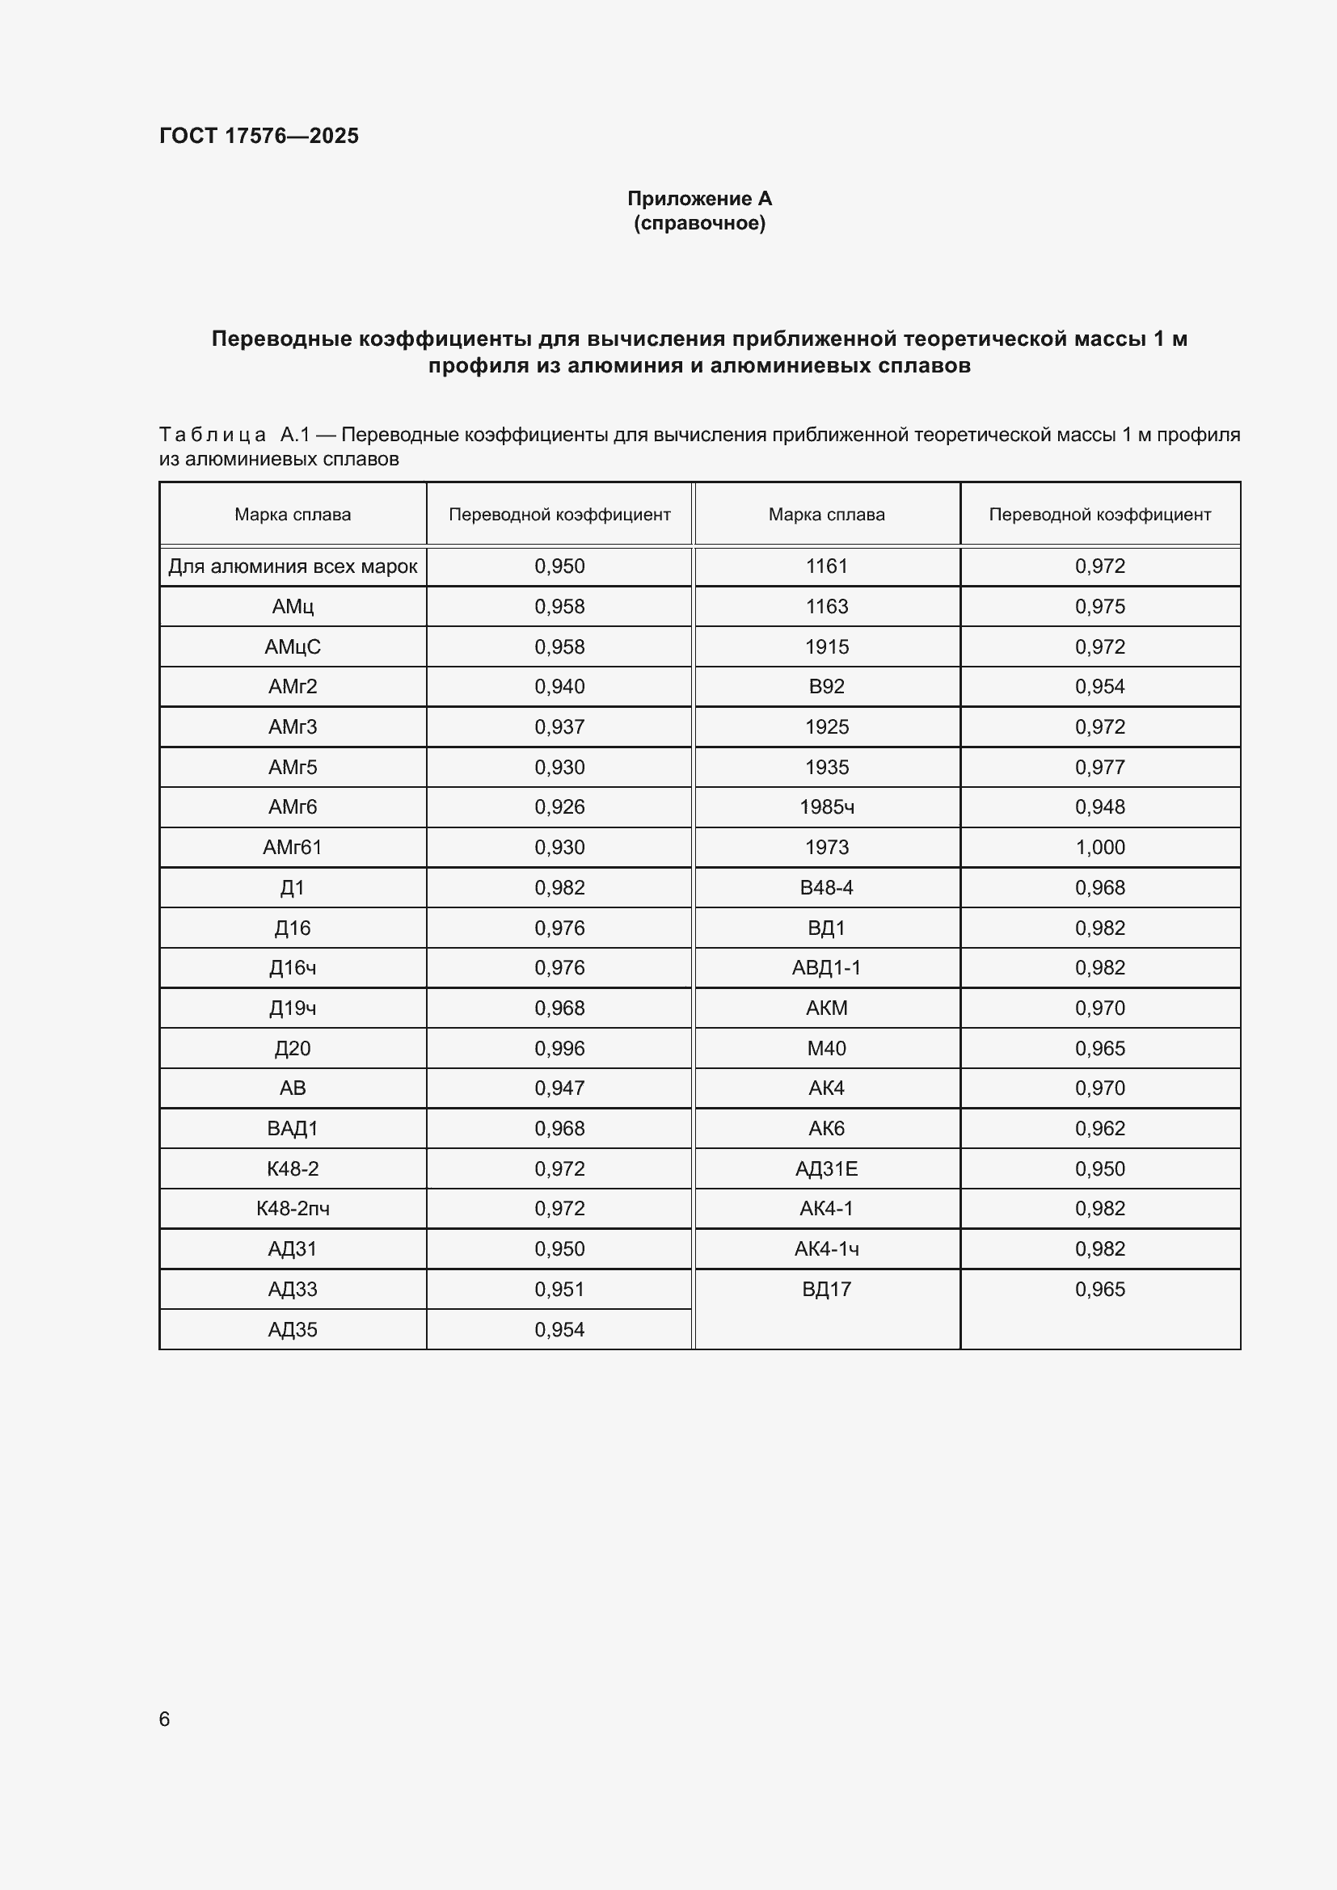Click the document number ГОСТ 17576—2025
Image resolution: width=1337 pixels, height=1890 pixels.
[259, 136]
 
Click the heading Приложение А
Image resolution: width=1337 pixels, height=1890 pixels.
[699, 199]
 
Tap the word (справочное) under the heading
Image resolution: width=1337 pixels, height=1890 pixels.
[699, 223]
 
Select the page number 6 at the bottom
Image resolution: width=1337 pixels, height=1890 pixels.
[165, 1719]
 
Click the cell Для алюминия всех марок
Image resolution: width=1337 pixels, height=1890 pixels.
[293, 566]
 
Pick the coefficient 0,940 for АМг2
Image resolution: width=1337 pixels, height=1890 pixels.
[559, 687]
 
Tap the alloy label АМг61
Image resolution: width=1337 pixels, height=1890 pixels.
[293, 847]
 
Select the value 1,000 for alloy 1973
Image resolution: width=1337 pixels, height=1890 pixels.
[1099, 847]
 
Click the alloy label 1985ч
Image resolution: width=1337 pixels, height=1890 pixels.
[827, 806]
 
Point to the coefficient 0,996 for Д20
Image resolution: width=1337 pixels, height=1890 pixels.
[559, 1048]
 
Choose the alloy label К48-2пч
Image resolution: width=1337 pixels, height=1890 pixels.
[293, 1208]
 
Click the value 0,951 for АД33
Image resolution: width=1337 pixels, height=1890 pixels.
[559, 1289]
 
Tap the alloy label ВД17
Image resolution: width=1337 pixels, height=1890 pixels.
[827, 1289]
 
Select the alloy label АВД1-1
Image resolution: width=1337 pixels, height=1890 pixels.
[827, 967]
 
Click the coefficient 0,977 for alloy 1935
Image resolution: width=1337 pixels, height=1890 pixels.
[1099, 767]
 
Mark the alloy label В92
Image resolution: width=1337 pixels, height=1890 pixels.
[827, 687]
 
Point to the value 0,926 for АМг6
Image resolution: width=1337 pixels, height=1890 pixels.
[559, 806]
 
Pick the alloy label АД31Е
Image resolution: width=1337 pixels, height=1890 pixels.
[827, 1169]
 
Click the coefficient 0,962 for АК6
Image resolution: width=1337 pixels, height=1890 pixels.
[1099, 1129]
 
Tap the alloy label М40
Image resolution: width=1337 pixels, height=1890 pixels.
[827, 1048]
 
